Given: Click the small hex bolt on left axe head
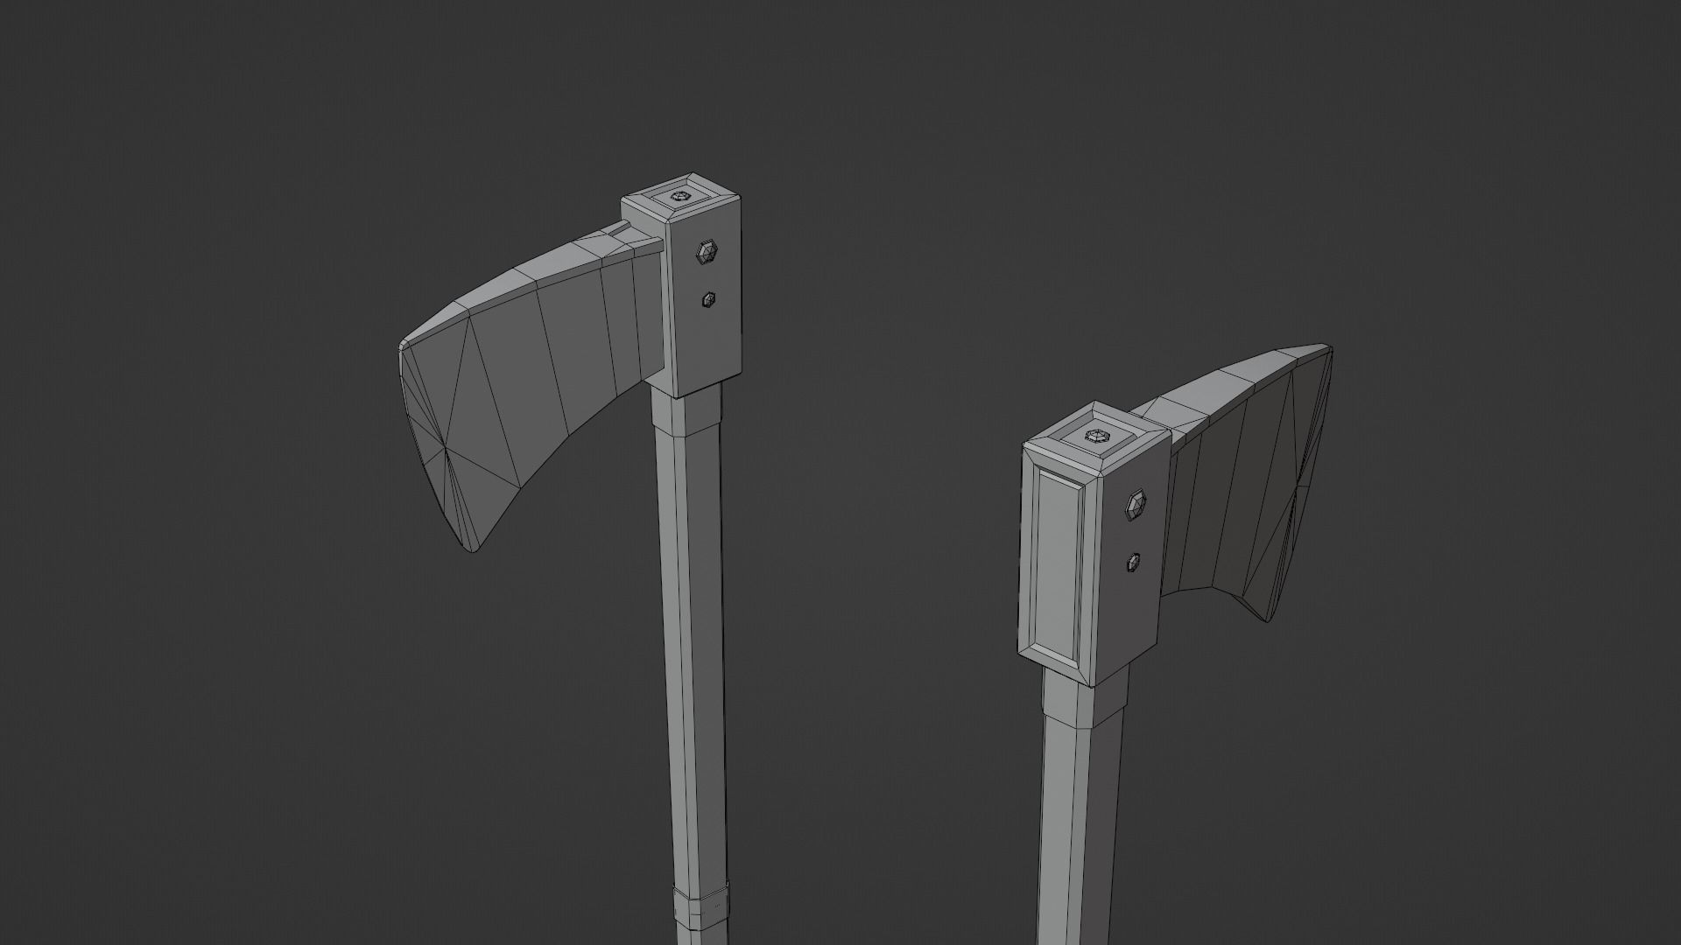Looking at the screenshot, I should [708, 300].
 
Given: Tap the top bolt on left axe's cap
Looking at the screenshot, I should [680, 197].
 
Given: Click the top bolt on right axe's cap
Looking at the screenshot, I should [1096, 436].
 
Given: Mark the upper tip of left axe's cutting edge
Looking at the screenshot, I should [402, 344].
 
